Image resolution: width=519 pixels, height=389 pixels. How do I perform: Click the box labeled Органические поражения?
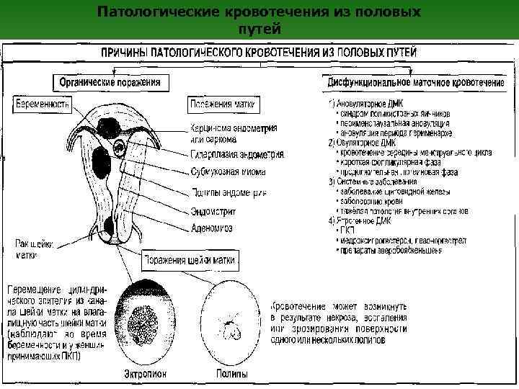coord(110,83)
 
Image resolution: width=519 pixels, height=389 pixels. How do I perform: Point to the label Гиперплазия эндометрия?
coord(236,154)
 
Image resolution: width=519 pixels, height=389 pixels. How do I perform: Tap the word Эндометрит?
coord(213,212)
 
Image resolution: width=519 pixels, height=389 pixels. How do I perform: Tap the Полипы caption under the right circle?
coord(232,375)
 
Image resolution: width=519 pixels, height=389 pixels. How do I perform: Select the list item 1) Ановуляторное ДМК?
coord(365,105)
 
